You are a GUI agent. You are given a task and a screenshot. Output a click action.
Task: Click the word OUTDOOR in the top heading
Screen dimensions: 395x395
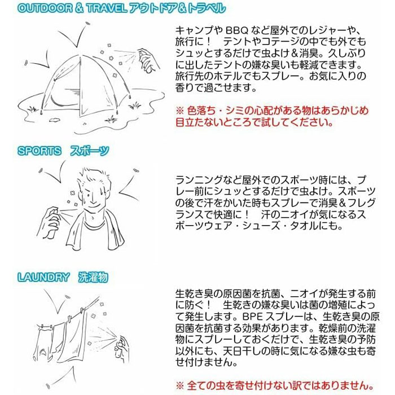click(x=45, y=8)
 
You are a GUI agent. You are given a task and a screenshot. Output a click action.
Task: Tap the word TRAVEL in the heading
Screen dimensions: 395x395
click(x=107, y=8)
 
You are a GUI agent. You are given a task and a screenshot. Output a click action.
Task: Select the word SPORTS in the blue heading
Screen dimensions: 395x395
click(x=39, y=151)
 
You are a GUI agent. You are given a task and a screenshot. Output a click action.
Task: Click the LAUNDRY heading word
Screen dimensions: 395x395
click(x=43, y=277)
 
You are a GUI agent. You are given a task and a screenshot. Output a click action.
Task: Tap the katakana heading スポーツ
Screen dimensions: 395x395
click(x=90, y=151)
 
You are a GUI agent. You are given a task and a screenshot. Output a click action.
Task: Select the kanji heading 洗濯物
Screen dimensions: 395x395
click(x=93, y=277)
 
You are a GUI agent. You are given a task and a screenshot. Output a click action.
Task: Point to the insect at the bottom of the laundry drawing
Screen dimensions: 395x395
click(x=47, y=386)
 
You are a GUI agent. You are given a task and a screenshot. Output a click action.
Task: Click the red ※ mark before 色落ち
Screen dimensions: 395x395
click(x=180, y=111)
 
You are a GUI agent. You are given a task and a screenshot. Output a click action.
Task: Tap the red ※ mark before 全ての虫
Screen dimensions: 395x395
click(x=180, y=385)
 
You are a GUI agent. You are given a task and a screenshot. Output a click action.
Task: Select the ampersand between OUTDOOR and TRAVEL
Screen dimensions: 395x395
click(x=79, y=8)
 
